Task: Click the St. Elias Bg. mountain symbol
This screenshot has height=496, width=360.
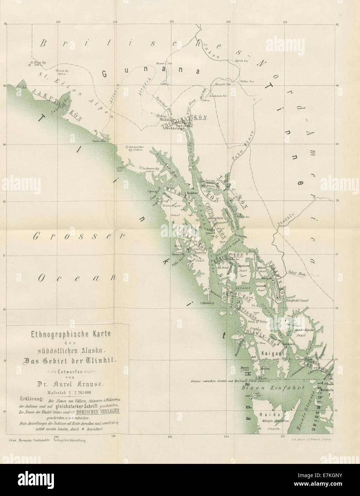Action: tap(30, 65)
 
